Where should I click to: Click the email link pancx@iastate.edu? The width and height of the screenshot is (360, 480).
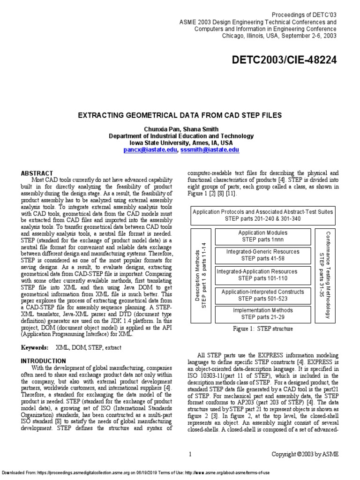(x=150, y=150)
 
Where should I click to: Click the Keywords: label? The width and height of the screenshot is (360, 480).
(x=35, y=348)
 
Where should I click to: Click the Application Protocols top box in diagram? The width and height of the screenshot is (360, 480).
(x=262, y=215)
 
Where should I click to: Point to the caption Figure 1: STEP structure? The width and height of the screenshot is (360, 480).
(x=262, y=329)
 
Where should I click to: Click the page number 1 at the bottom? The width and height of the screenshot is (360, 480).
(x=190, y=454)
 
